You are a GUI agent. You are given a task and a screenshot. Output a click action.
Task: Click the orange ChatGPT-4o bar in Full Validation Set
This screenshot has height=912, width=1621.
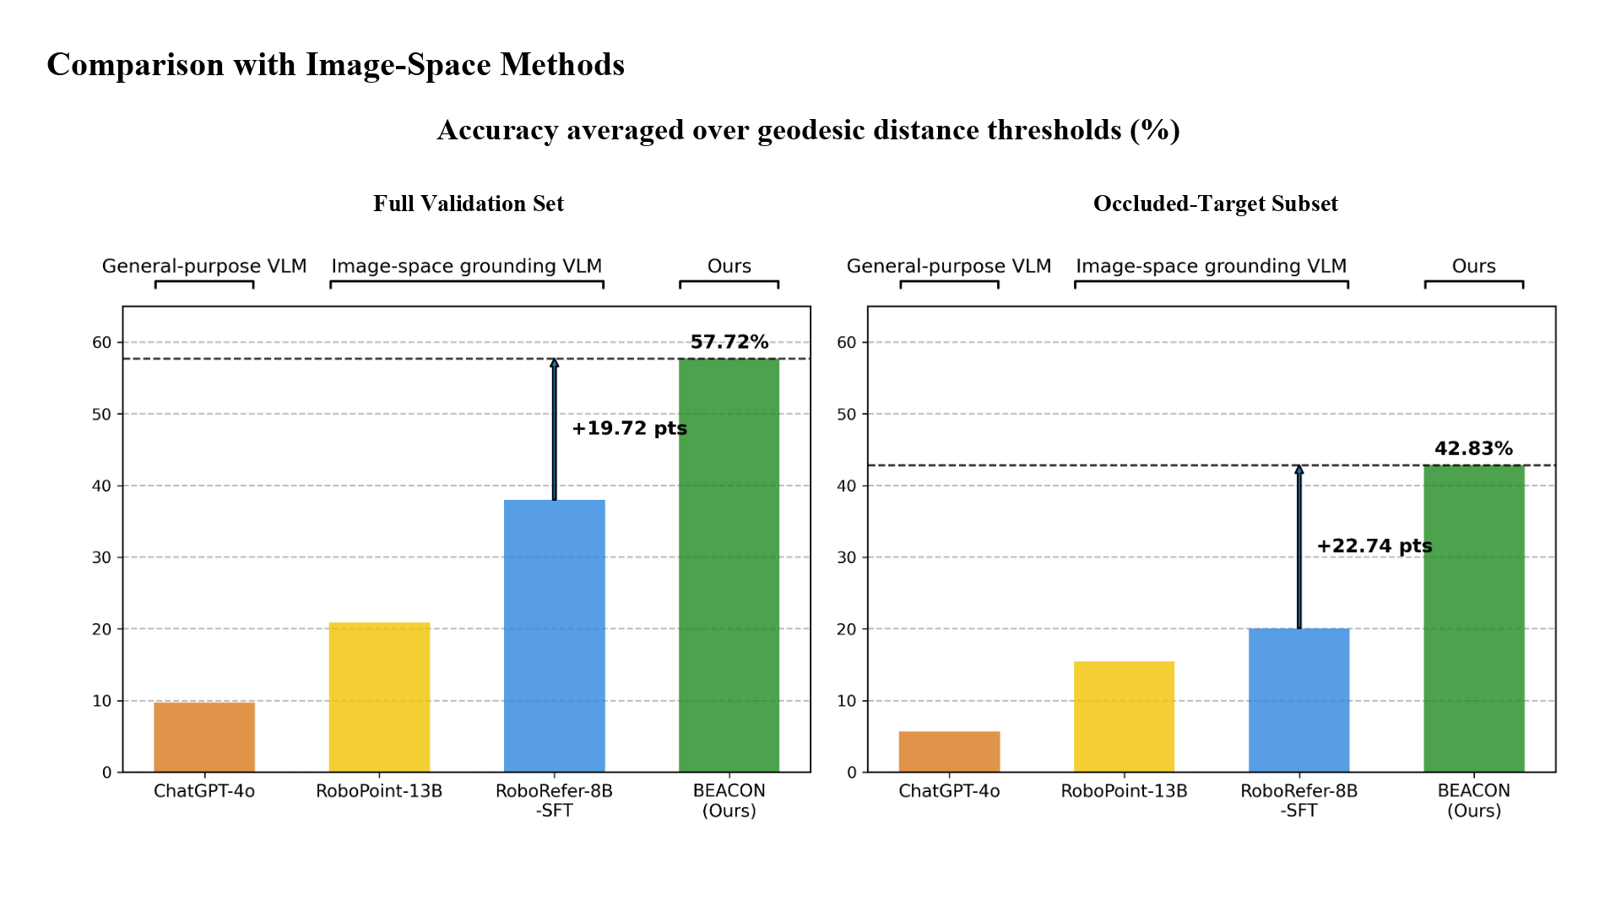click(204, 736)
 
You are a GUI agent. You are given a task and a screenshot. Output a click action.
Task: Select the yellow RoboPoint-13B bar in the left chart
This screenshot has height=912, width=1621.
click(379, 698)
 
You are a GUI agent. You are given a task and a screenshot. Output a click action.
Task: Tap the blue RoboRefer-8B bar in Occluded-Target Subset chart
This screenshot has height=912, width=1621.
click(1298, 700)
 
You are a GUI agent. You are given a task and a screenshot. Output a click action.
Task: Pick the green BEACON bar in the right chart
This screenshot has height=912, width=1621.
click(1473, 618)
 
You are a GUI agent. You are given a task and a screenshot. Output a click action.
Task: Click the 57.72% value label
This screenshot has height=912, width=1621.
click(729, 342)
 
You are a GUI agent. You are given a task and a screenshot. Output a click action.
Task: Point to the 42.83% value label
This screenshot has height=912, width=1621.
click(1473, 448)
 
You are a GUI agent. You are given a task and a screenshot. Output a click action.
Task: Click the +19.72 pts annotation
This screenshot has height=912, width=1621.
click(629, 428)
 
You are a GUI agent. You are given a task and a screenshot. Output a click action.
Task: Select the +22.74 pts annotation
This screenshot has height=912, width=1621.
click(1374, 546)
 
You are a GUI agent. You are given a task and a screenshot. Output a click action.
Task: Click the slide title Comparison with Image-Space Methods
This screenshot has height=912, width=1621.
click(335, 65)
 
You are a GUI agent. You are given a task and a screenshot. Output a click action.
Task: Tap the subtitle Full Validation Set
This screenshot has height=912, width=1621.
click(469, 204)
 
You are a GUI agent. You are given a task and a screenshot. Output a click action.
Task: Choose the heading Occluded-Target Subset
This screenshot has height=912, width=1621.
click(1215, 204)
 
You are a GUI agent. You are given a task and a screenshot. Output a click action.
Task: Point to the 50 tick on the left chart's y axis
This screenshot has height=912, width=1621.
click(101, 414)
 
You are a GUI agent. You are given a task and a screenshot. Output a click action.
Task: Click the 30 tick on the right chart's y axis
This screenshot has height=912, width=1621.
click(846, 557)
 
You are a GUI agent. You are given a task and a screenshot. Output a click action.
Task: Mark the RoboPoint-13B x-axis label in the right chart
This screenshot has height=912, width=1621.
click(1124, 791)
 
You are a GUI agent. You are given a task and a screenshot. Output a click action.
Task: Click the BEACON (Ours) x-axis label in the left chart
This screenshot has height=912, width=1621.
click(729, 801)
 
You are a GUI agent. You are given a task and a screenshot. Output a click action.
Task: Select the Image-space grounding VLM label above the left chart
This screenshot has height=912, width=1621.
click(466, 266)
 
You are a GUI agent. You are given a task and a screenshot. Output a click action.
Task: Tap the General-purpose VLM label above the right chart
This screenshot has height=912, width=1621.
click(949, 266)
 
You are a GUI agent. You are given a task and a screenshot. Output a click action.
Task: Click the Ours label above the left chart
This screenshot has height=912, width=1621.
click(729, 266)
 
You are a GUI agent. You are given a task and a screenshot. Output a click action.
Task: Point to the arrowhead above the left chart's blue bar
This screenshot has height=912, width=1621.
click(555, 363)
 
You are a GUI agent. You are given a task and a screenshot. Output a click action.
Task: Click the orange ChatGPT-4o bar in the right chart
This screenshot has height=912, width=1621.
click(949, 752)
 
